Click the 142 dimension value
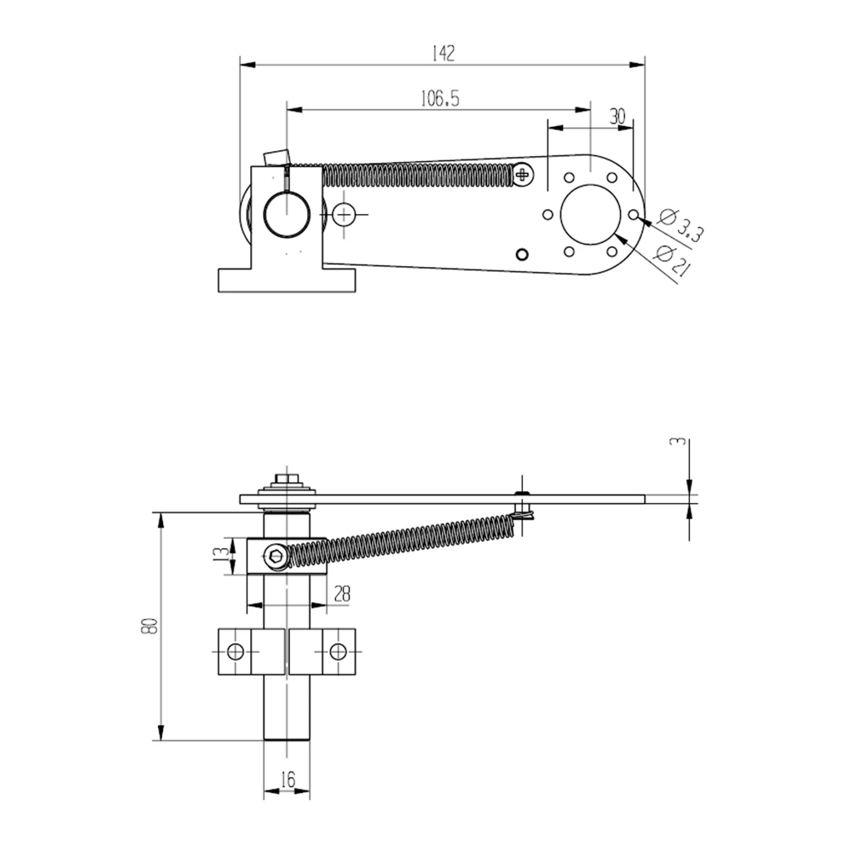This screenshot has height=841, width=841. click(443, 54)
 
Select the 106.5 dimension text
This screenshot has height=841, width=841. click(440, 99)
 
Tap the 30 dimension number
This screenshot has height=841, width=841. click(617, 117)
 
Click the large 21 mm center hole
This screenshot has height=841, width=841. click(591, 214)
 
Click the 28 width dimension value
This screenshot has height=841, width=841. click(342, 594)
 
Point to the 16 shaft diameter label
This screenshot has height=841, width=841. click(288, 780)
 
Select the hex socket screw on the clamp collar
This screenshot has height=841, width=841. click(275, 556)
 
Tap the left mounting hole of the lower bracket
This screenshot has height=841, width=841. click(235, 652)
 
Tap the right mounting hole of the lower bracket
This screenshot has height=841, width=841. click(338, 652)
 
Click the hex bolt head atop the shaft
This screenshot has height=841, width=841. click(286, 479)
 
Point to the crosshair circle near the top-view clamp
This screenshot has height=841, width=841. click(344, 214)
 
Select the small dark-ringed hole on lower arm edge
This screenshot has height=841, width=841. click(522, 255)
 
